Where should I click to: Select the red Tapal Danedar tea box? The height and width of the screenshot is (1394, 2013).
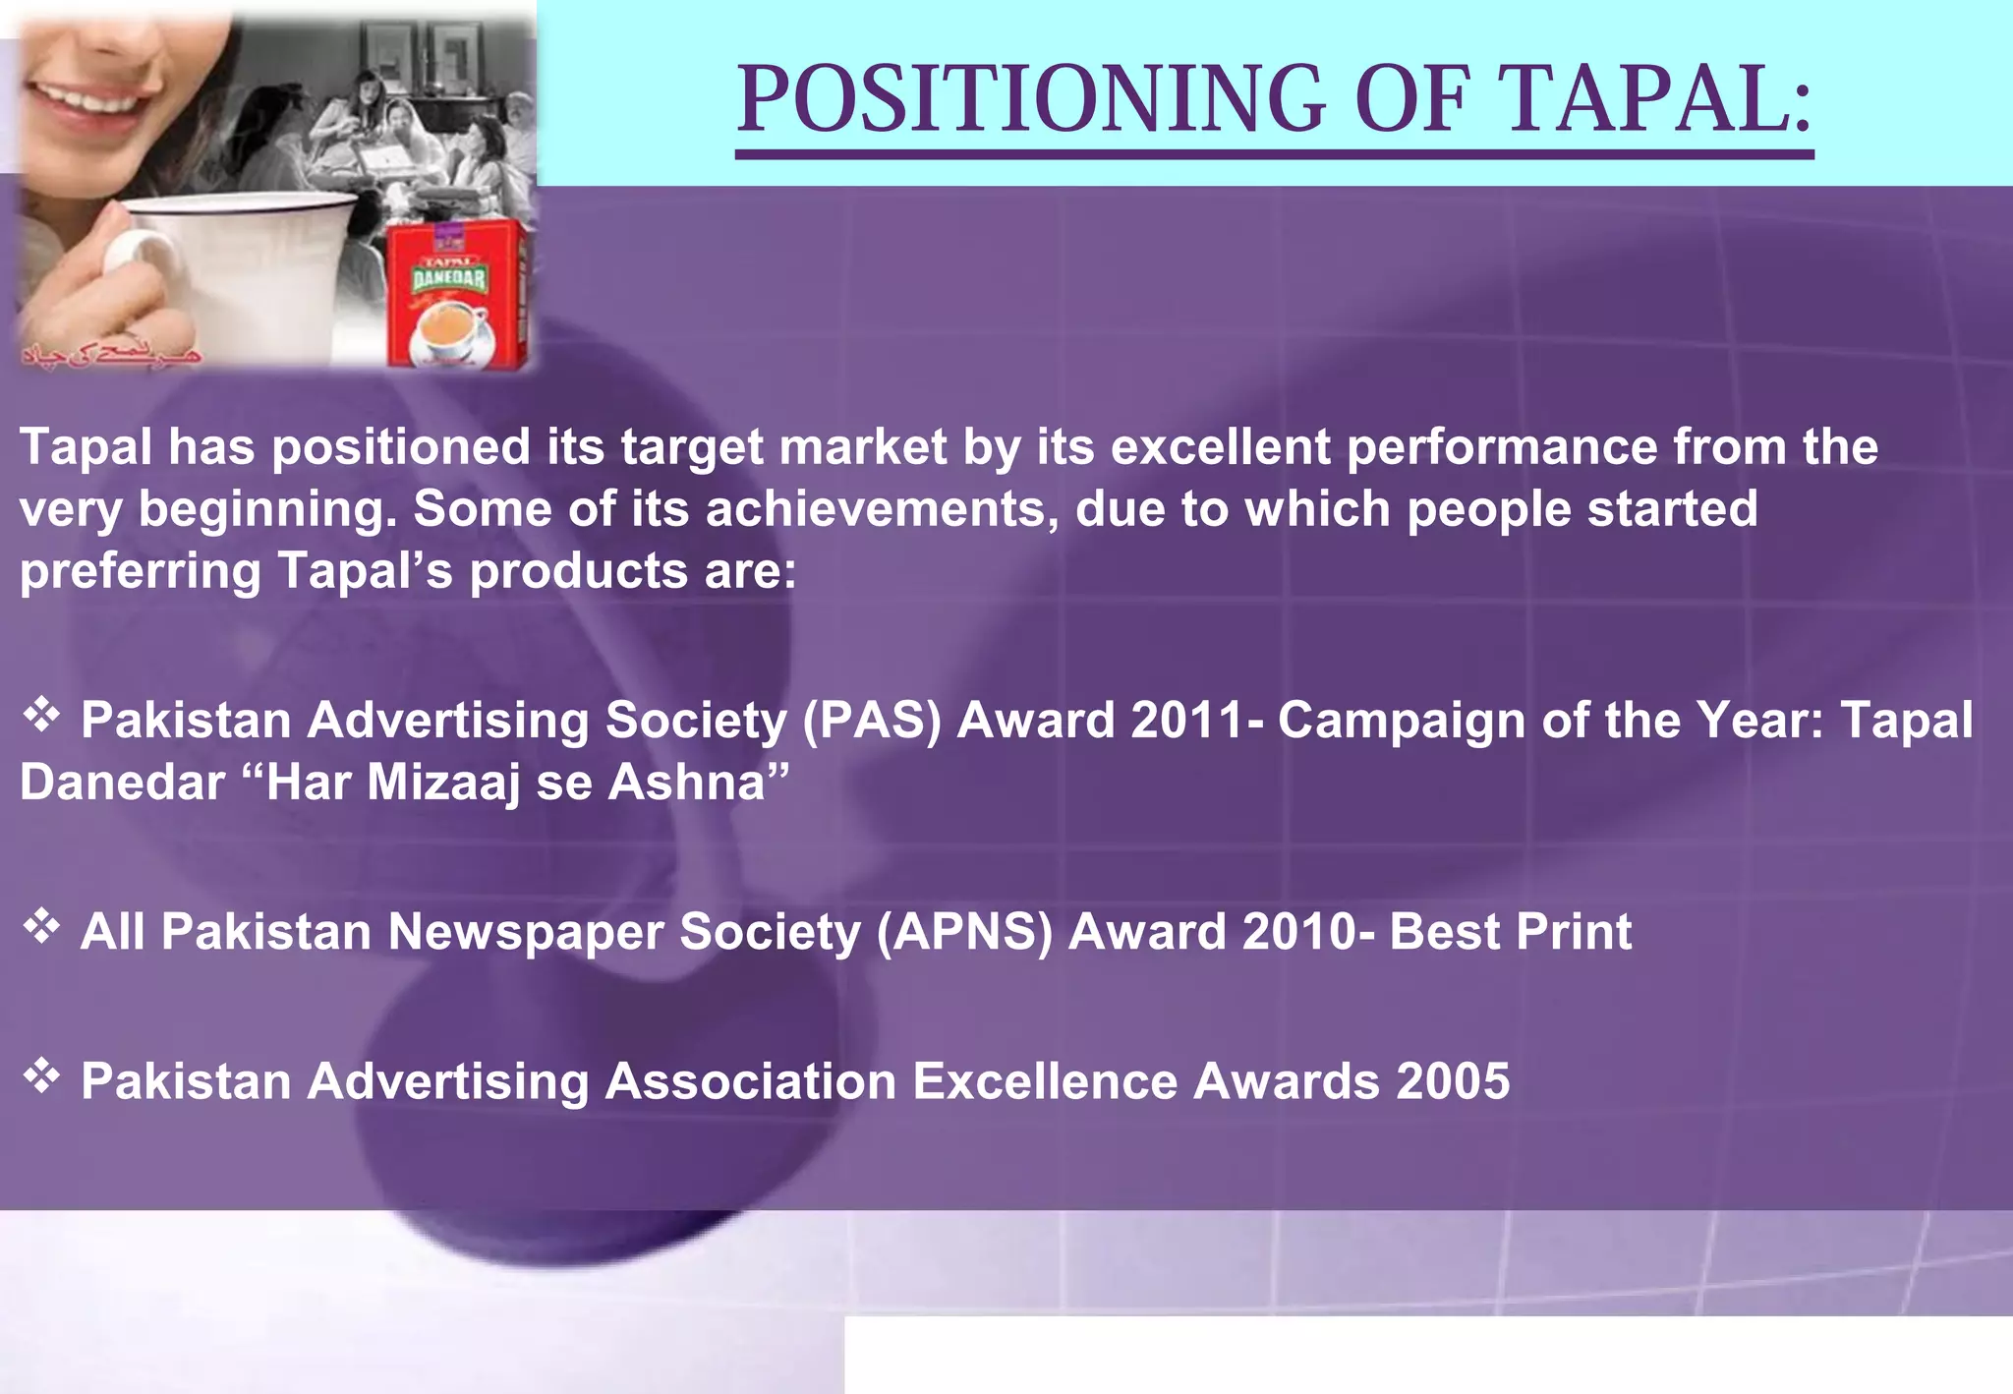(454, 295)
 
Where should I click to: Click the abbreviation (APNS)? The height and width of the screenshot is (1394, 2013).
(963, 932)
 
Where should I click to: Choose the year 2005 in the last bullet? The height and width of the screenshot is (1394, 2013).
(1452, 1081)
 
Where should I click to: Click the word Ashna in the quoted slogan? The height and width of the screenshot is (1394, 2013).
(686, 784)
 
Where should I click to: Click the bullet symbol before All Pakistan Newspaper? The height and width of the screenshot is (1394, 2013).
(41, 925)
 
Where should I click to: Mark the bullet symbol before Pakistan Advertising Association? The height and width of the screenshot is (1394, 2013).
(41, 1075)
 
